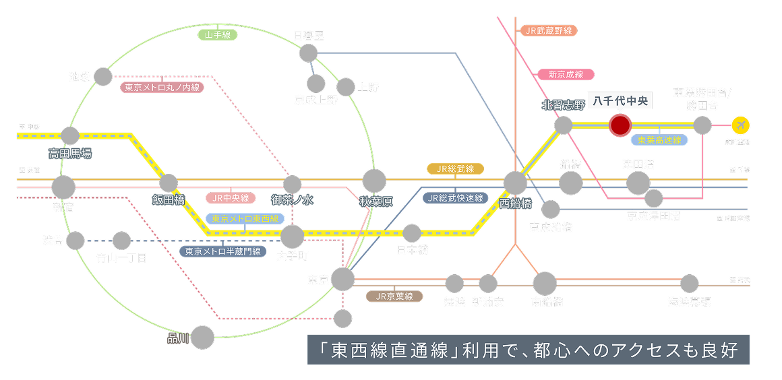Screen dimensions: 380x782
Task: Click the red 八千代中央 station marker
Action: [620, 125]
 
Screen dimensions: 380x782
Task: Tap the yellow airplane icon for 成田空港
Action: [740, 125]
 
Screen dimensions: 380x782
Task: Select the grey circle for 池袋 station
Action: [102, 76]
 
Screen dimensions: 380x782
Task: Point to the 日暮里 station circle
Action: [308, 53]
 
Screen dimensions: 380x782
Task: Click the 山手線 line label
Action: [217, 34]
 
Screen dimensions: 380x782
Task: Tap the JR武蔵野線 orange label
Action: [549, 31]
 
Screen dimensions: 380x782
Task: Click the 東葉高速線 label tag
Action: [659, 140]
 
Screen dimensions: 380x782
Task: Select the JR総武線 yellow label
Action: [455, 168]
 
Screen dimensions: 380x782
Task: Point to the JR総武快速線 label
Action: [456, 198]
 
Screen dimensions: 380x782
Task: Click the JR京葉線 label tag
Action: [394, 296]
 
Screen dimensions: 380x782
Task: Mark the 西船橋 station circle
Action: [515, 183]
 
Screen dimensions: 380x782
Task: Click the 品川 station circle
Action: [202, 337]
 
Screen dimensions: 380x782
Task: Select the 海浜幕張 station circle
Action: [689, 284]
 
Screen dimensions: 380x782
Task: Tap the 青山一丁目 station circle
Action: [121, 241]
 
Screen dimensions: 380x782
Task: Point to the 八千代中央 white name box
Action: [619, 101]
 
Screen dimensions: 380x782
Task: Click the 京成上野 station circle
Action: [315, 84]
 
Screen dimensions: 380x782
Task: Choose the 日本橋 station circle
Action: [412, 233]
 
